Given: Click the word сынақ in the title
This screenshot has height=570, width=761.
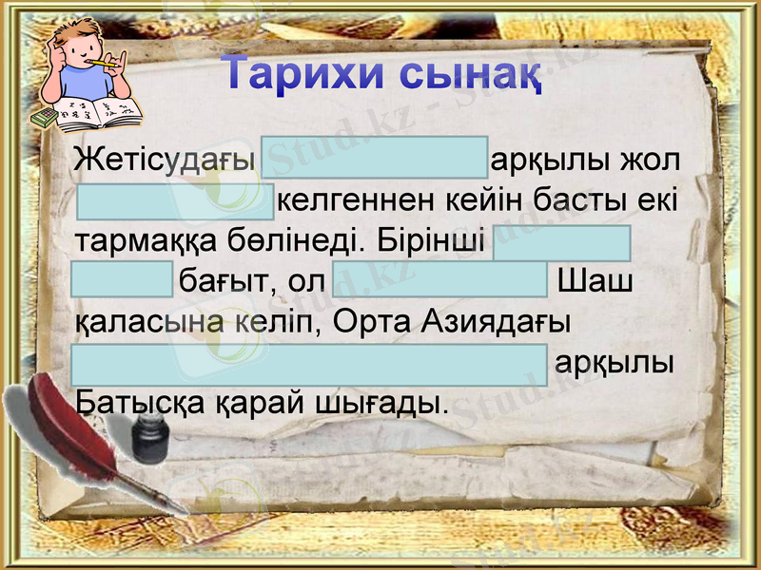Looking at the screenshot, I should (469, 76).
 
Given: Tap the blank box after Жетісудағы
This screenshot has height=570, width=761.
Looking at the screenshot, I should (373, 158).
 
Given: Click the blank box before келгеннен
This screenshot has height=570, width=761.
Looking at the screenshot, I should (175, 201).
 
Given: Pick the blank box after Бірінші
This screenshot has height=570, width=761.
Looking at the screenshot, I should (561, 242).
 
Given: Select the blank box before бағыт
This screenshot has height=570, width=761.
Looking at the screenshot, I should (122, 281).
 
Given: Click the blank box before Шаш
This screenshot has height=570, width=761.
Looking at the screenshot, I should (439, 281).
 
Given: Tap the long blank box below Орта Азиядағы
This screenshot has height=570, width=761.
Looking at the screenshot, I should (310, 365).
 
